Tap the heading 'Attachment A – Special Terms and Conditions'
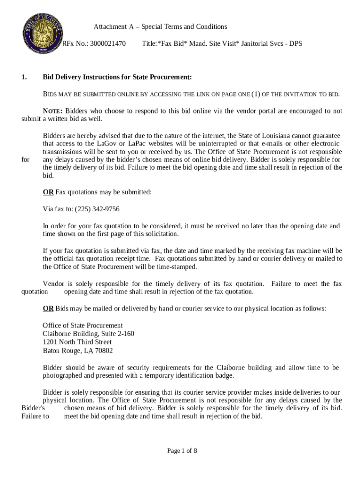pyautogui.click(x=160, y=26)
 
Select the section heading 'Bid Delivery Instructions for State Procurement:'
pyautogui.click(x=117, y=77)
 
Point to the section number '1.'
pyautogui.click(x=25, y=77)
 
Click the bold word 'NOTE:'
pyautogui.click(x=53, y=111)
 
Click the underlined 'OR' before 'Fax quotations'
pyautogui.click(x=48, y=192)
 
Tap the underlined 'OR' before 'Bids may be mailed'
pyautogui.click(x=48, y=309)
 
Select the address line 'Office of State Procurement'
pyautogui.click(x=83, y=325)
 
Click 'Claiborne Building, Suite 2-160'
pyautogui.click(x=88, y=334)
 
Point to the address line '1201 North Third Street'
pyautogui.click(x=77, y=342)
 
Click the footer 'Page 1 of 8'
pyautogui.click(x=182, y=450)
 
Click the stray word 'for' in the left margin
pyautogui.click(x=26, y=159)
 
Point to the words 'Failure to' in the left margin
pyautogui.click(x=35, y=416)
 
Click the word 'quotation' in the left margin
pyautogui.click(x=35, y=291)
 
